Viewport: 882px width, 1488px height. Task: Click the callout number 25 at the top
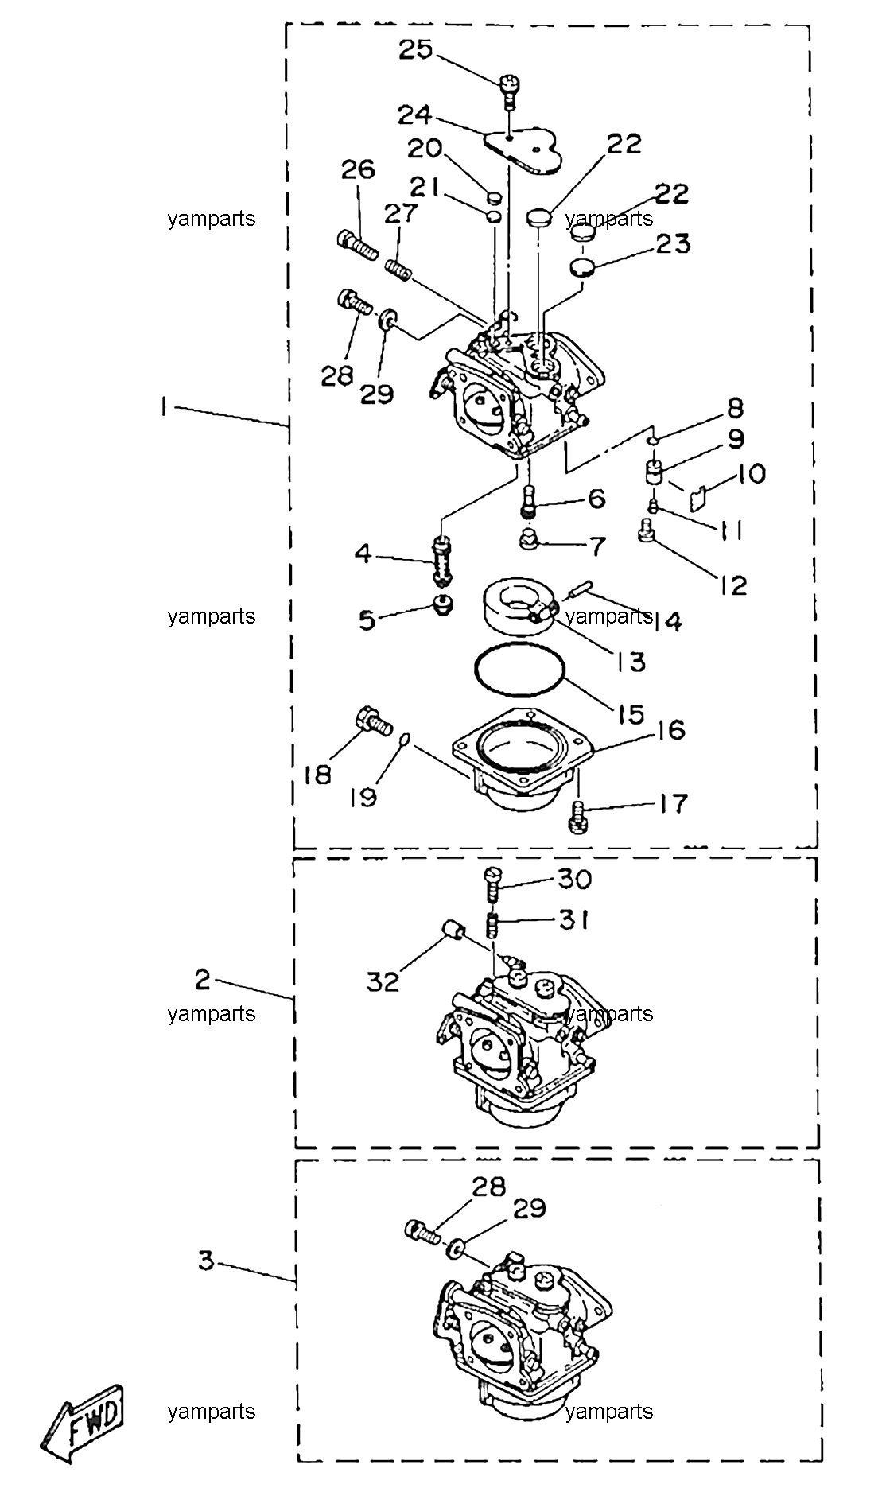pos(415,49)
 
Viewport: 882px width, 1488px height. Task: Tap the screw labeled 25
pos(509,91)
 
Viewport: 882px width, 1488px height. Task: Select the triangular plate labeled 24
pos(523,150)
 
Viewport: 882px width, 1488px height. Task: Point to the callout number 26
pos(358,169)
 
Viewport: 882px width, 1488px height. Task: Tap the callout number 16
pos(671,729)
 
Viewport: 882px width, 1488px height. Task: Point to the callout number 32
pos(383,981)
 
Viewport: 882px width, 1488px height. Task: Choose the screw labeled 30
pos(492,883)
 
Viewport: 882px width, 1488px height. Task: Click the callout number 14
pos(666,620)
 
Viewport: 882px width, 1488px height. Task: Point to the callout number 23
pos(673,243)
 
